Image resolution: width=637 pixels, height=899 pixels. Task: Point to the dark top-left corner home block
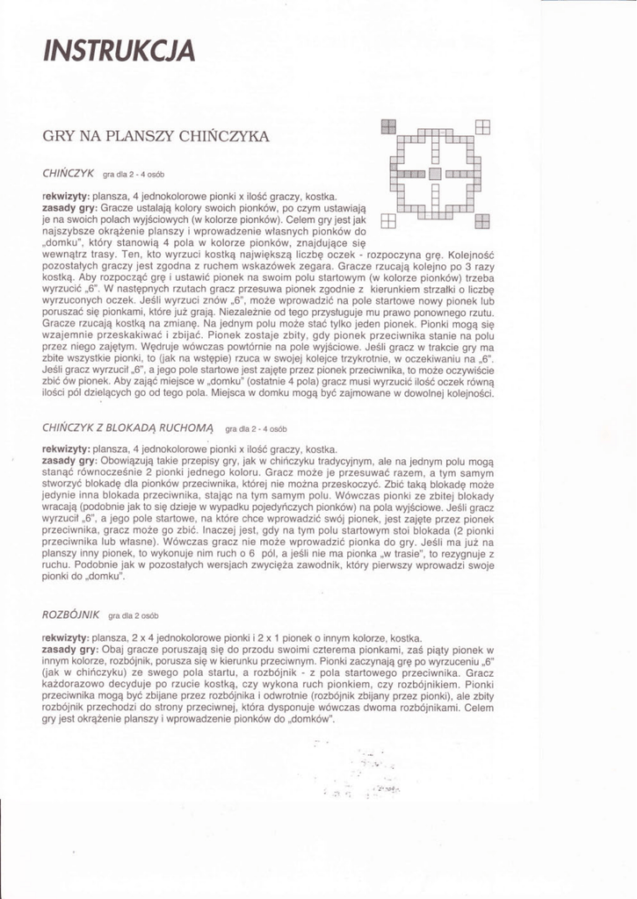tap(388, 126)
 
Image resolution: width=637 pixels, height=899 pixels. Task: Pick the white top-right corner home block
tap(482, 126)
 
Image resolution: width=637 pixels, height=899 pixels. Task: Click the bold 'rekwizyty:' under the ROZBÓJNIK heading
tap(65, 638)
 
